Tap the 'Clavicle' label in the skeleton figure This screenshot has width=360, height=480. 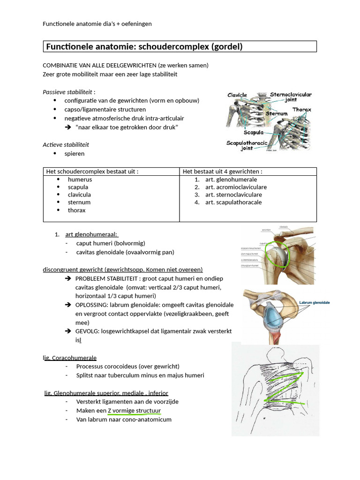click(237, 95)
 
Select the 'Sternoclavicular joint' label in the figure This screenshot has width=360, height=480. click(291, 97)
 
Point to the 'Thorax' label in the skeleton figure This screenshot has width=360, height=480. click(302, 110)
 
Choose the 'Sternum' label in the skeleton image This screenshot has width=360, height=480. click(277, 114)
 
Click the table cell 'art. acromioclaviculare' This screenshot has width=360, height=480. click(233, 187)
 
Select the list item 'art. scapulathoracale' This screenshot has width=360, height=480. click(233, 202)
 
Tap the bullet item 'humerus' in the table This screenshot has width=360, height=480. click(80, 180)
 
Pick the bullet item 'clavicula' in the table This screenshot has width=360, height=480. click(79, 195)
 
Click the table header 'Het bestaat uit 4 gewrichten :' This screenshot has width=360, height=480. click(222, 172)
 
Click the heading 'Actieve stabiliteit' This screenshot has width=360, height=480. click(66, 144)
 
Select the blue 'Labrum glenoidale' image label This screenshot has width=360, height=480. click(314, 303)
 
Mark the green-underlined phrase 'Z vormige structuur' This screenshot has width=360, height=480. click(134, 411)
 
